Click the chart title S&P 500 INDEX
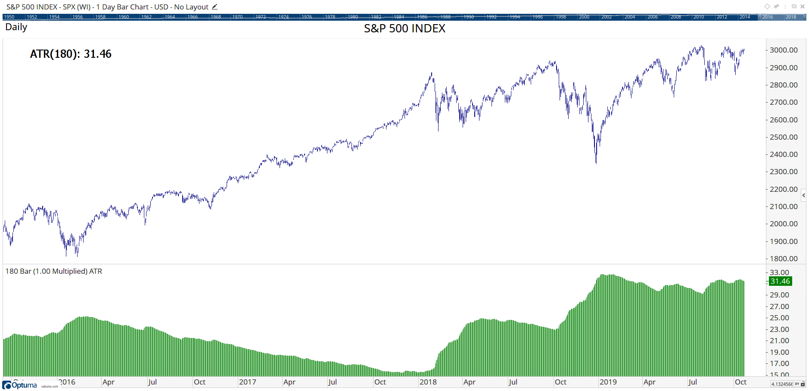404,28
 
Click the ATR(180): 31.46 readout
71,54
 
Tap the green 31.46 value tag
780,281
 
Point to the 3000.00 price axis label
784,50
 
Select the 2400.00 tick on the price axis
784,154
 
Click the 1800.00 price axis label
784,259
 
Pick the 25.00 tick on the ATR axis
779,318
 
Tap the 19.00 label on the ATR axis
779,352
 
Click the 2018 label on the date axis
428,382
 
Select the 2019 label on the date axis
608,382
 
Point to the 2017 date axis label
247,382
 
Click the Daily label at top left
16,27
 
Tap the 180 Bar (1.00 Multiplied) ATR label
54,271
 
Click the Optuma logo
20,385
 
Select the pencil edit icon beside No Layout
215,7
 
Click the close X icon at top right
802,6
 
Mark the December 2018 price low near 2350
596,163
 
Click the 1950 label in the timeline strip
9,17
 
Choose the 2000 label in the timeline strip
584,17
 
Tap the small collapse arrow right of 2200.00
803,196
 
